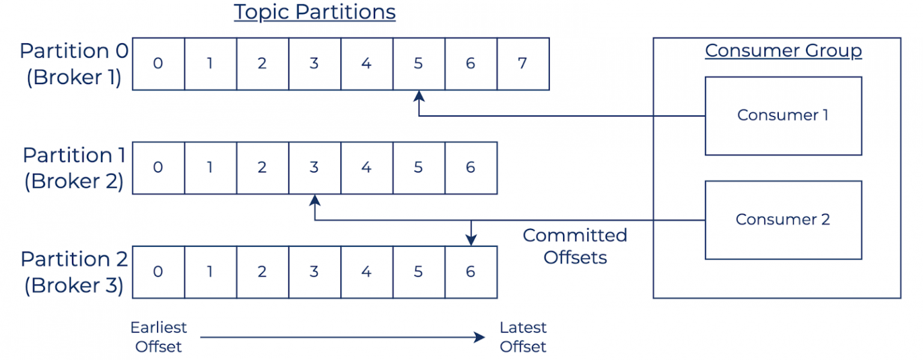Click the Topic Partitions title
(314, 13)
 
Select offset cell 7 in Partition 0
(523, 64)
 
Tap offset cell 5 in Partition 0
(419, 64)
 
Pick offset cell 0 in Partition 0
(158, 64)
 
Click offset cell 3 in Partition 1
(314, 168)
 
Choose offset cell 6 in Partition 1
(471, 168)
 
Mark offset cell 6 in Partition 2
(471, 272)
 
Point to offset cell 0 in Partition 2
(158, 272)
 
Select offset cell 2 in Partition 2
(262, 272)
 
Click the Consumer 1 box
(783, 115)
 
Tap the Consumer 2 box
(783, 219)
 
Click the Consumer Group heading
(783, 51)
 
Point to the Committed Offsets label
(575, 246)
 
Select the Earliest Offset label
(159, 337)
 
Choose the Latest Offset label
(523, 337)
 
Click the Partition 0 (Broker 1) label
(74, 64)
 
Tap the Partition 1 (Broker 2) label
(74, 168)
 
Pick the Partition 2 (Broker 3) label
(74, 272)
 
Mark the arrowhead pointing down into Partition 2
(471, 240)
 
